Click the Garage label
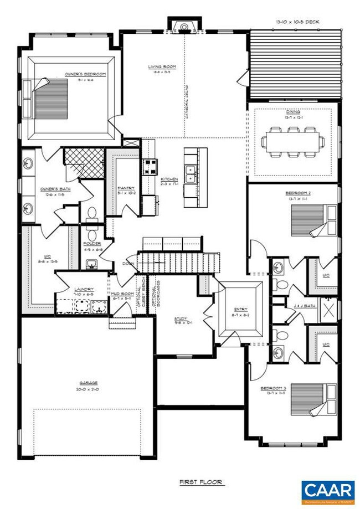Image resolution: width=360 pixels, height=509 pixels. coord(88,383)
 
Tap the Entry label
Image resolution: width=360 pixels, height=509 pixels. coord(240,310)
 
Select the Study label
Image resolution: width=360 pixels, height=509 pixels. coord(181,318)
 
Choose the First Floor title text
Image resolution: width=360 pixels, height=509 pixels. coord(201,482)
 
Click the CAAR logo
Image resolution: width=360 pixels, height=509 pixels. coord(327,491)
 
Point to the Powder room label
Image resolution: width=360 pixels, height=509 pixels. coord(92,244)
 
